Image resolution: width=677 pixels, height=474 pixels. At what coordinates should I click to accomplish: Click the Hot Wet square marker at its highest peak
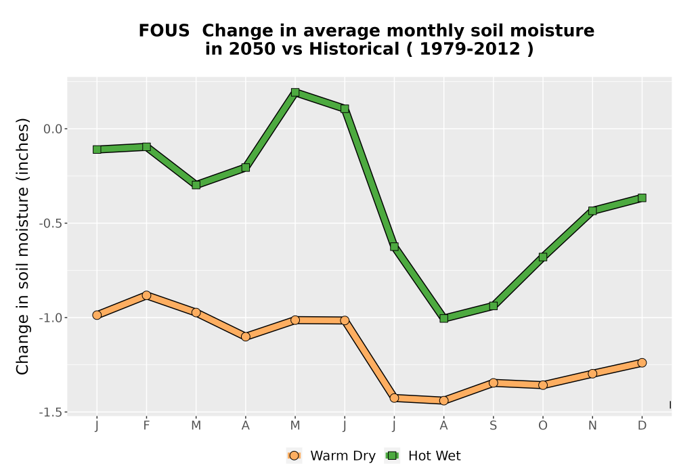point(295,92)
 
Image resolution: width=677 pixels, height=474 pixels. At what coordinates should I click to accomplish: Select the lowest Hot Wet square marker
point(444,318)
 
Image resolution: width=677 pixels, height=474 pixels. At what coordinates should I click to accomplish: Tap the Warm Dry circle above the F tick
point(146,295)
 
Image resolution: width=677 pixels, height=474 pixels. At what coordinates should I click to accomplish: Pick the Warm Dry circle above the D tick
point(642,363)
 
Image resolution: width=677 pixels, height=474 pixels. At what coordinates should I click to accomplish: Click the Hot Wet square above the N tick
point(592,211)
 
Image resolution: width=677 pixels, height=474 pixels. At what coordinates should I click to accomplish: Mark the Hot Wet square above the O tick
point(543,257)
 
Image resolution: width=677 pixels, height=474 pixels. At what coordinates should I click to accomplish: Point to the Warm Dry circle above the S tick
point(494,383)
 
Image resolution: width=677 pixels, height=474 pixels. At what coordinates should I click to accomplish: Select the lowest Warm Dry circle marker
point(444,401)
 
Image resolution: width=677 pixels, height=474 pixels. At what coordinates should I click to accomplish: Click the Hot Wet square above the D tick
point(642,198)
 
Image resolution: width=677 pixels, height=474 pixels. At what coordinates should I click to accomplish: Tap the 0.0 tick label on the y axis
point(53,129)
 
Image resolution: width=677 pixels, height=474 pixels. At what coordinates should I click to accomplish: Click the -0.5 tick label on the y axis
point(51,223)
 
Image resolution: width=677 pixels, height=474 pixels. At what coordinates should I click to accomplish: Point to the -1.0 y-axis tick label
point(51,318)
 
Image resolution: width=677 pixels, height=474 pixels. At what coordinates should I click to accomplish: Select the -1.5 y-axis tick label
point(51,412)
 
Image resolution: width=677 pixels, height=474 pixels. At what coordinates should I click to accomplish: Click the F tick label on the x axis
point(146,426)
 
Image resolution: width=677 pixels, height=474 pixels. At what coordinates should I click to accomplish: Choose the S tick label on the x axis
point(494,426)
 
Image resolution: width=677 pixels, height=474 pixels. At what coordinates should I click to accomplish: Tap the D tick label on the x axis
point(642,426)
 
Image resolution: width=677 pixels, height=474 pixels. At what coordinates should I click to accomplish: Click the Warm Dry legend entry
point(331,456)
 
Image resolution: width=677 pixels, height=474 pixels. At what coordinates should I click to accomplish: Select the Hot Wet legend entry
point(423,456)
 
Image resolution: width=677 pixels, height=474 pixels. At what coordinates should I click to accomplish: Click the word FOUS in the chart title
point(164,31)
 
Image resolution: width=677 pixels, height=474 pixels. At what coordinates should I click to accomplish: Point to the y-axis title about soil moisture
point(22,246)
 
